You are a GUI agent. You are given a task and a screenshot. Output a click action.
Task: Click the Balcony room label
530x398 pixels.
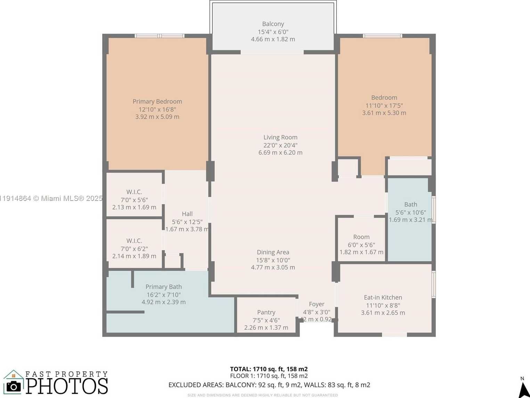(x=273, y=24)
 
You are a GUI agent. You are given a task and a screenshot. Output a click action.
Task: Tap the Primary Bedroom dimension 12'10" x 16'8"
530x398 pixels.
(x=157, y=109)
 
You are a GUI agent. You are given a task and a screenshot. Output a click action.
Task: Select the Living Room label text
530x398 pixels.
(x=280, y=137)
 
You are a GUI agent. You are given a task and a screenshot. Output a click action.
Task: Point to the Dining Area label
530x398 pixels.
(x=273, y=252)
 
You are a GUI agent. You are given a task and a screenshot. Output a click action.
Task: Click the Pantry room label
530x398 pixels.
(x=266, y=312)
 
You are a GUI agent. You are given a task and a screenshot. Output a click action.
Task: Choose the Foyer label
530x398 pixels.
(x=316, y=304)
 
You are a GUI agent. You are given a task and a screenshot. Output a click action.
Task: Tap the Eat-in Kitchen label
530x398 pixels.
(x=383, y=297)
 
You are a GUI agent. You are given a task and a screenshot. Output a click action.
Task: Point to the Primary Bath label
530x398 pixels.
(x=163, y=287)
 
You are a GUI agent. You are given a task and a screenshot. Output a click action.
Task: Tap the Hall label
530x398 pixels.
(x=187, y=214)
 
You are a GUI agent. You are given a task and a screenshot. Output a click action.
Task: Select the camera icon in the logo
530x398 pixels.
(x=14, y=386)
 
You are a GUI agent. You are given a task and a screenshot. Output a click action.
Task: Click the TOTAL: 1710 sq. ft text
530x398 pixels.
(x=269, y=369)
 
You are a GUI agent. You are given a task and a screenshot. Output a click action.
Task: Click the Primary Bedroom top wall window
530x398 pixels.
(x=160, y=36)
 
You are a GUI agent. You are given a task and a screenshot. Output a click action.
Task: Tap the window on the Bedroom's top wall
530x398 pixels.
(x=382, y=36)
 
